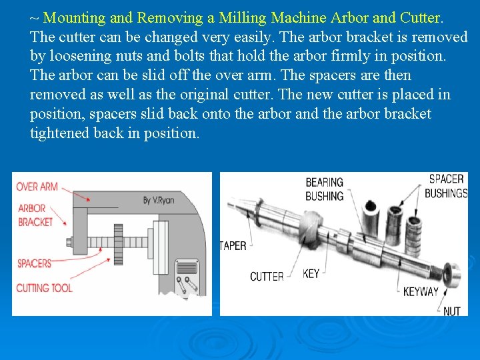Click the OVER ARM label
click(37, 187)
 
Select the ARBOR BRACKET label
click(35, 215)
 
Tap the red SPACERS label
click(34, 263)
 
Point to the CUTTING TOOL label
click(44, 287)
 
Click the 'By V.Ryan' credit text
click(159, 200)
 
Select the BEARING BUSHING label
click(324, 189)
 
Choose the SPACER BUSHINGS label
click(447, 186)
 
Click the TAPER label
click(233, 246)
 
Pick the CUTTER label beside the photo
click(267, 277)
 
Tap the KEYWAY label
click(421, 291)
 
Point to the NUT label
click(452, 311)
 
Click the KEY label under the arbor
click(311, 273)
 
